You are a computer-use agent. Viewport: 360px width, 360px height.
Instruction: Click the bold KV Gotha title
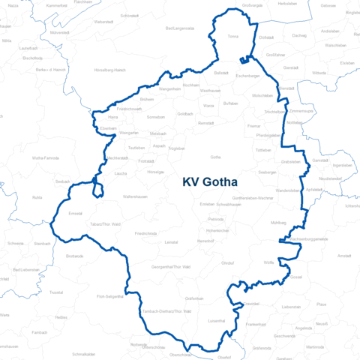point(209,182)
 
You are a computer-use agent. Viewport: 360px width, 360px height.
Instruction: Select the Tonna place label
point(232,36)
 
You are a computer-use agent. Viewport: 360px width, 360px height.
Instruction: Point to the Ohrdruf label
point(227,262)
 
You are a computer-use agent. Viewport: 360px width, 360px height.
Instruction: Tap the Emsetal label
point(75,214)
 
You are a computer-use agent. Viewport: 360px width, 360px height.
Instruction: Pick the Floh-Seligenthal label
point(109,296)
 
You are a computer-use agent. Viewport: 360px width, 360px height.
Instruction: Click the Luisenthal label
point(217,320)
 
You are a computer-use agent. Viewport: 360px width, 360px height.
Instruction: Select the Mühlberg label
point(278,223)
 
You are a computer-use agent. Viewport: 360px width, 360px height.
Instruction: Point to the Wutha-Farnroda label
point(45,158)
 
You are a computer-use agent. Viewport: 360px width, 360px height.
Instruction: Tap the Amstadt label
point(344,256)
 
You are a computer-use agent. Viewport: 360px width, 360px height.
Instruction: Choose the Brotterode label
point(75,256)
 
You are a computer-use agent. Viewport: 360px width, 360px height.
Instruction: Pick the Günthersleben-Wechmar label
point(256,197)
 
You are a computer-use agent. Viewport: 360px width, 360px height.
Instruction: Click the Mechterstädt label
point(118,158)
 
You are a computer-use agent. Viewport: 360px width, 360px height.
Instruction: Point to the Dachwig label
point(299,35)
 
